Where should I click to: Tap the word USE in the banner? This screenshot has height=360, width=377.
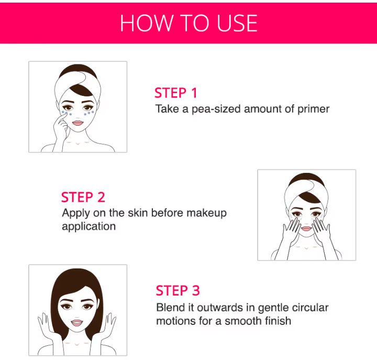point(237,23)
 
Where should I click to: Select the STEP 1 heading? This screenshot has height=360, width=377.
point(176,93)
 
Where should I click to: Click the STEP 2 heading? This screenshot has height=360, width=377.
point(83,198)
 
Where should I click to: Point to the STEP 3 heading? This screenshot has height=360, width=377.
point(178,290)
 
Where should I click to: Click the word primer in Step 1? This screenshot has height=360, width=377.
point(313,109)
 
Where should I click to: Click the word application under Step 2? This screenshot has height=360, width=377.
point(88,226)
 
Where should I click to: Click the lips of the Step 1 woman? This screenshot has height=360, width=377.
point(77,123)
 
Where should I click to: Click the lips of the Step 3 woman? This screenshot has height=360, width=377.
point(77,323)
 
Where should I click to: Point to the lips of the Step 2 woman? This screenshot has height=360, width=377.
point(306,228)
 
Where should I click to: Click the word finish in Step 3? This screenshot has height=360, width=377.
point(278,321)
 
